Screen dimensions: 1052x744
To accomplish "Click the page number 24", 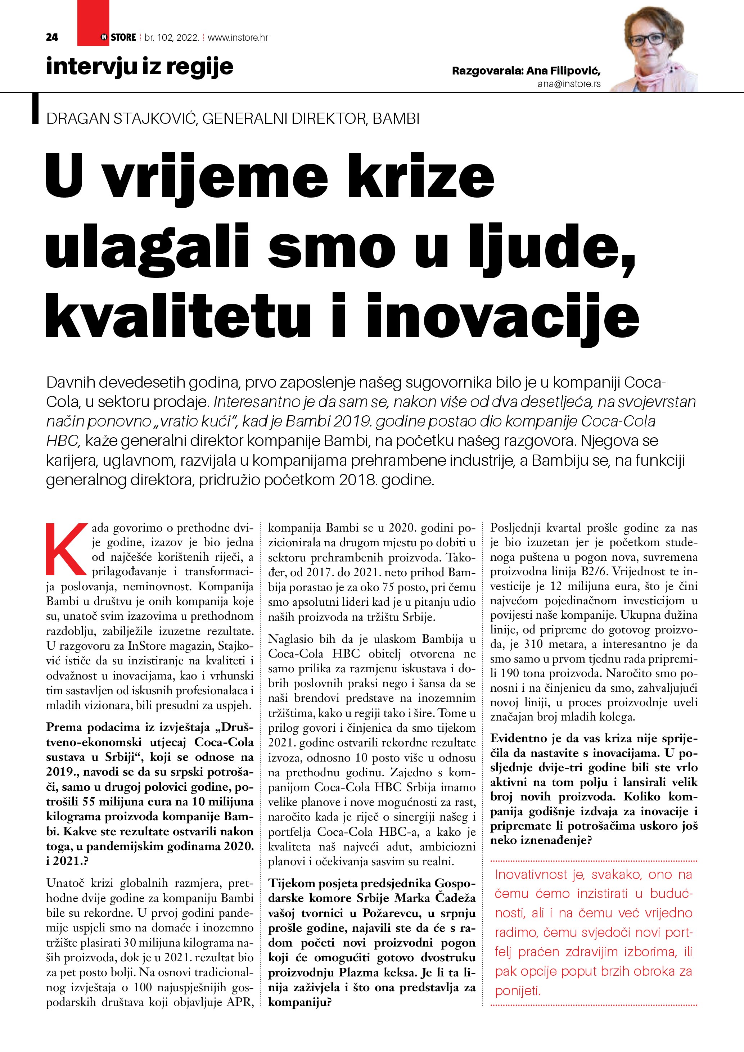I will (x=52, y=37).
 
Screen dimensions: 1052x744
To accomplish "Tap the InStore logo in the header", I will (x=119, y=37).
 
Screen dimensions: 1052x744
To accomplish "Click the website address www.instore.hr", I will (x=238, y=37).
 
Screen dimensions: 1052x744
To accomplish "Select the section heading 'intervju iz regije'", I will (x=140, y=67).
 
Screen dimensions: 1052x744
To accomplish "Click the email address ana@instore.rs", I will (x=569, y=84).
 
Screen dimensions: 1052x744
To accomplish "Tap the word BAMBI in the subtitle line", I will (x=396, y=119).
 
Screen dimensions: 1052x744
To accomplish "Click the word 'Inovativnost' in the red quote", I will (x=531, y=874).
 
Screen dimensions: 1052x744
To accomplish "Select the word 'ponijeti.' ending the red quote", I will (x=518, y=992).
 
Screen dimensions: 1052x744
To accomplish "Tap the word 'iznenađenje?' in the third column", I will (x=541, y=841).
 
